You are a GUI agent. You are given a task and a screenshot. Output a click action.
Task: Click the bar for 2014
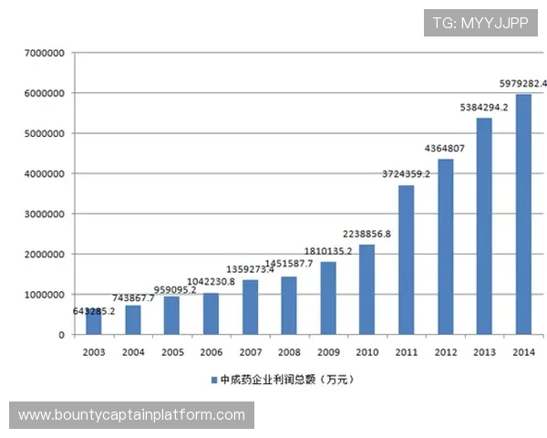coord(523,214)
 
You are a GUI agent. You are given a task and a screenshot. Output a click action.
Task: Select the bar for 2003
coord(94,321)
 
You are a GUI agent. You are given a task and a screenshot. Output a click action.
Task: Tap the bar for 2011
coord(406,260)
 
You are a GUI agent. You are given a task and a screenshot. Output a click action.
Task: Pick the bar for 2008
coord(289,306)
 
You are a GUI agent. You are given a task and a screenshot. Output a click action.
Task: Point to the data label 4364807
coord(445,148)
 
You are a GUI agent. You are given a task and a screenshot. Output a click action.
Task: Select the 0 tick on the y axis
coord(60,335)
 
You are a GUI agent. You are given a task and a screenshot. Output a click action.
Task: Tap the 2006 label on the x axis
coord(211,351)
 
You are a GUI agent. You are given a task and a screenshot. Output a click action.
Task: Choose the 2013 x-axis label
coord(484,351)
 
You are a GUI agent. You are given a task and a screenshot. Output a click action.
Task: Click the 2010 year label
coord(366,351)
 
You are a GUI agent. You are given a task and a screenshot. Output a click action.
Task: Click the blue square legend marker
coord(212,379)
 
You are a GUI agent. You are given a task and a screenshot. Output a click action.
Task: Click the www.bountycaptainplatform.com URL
coord(131,415)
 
